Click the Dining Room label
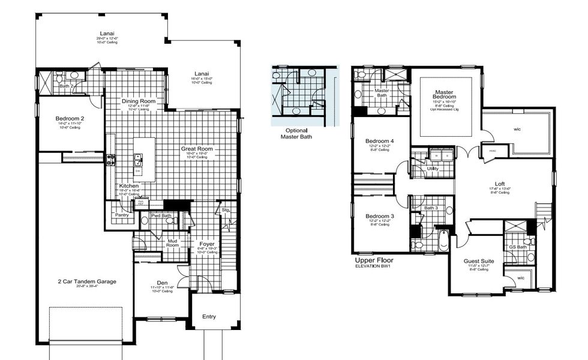pos(139,101)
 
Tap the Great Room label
pos(197,148)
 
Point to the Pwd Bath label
pos(160,215)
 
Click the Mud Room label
pos(172,242)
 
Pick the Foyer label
pos(207,244)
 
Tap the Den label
pos(163,283)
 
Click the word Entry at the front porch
pos(209,317)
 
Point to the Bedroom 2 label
pos(70,119)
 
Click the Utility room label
pos(433,169)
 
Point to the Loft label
pos(499,184)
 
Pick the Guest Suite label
pos(478,262)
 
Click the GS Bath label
pos(518,247)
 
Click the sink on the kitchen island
pos(139,159)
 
